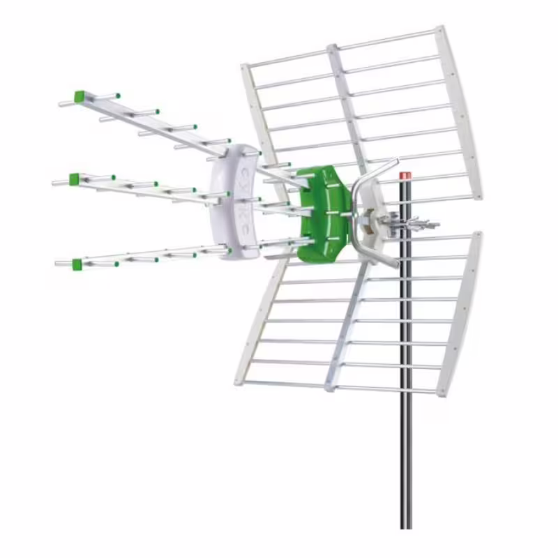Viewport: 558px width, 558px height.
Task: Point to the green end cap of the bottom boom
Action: click(x=76, y=263)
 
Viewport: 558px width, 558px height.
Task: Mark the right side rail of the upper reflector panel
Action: click(x=461, y=112)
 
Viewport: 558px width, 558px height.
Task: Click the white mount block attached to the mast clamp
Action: click(x=380, y=209)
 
